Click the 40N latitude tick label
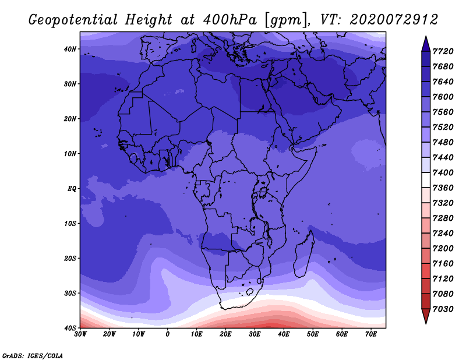pyautogui.click(x=70, y=49)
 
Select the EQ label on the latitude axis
pyautogui.click(x=72, y=189)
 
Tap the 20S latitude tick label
pyautogui.click(x=70, y=258)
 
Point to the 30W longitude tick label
pyautogui.click(x=80, y=334)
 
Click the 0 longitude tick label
pyautogui.click(x=168, y=334)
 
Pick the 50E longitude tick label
pyautogui.click(x=313, y=334)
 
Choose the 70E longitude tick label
pyautogui.click(x=371, y=334)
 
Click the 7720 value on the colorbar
pyautogui.click(x=443, y=51)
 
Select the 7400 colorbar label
pyautogui.click(x=443, y=172)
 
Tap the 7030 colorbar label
pyautogui.click(x=443, y=309)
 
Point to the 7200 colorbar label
pyautogui.click(x=443, y=249)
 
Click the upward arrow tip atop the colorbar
pyautogui.click(x=426, y=36)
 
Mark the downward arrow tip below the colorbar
pyautogui.click(x=426, y=323)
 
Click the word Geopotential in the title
pyautogui.click(x=73, y=20)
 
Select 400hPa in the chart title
pyautogui.click(x=230, y=20)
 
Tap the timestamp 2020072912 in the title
pyautogui.click(x=394, y=20)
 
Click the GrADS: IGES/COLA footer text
pyautogui.click(x=33, y=356)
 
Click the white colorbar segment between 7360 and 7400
pyautogui.click(x=426, y=180)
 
